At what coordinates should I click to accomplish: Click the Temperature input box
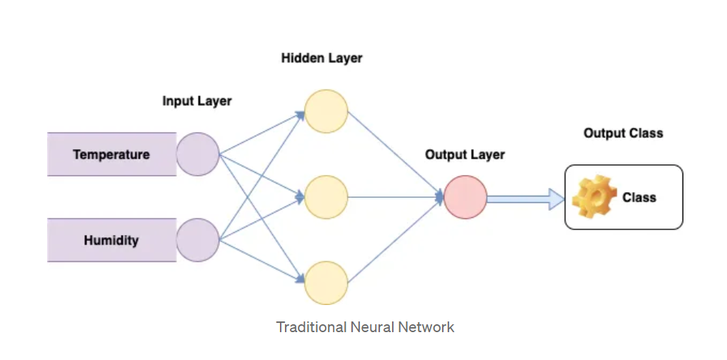coord(111,154)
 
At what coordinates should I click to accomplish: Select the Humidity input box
coord(111,240)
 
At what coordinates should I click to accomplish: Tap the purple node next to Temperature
coord(198,154)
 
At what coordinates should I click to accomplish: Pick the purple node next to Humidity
coord(198,240)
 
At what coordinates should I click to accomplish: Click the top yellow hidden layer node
coord(326,111)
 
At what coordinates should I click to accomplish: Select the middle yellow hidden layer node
coord(326,197)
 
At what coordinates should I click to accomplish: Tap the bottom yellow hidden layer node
coord(326,283)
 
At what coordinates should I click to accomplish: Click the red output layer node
coord(465,197)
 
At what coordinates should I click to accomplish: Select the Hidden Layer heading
coord(321,59)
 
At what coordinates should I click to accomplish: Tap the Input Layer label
coord(197,101)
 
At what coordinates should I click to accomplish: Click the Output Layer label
coord(465,154)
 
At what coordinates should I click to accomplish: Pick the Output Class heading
coord(623,133)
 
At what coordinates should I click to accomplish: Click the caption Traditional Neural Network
coord(365,327)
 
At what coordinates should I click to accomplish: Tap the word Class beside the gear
coord(639,197)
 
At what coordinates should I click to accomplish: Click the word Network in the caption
coord(428,327)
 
